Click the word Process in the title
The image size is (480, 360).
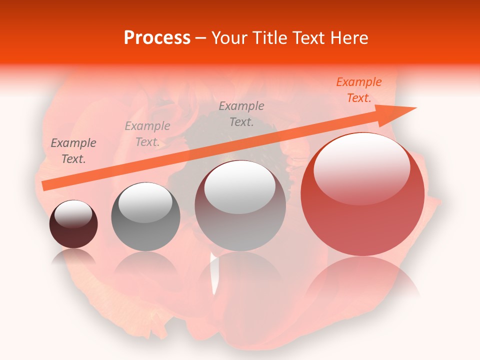tap(157, 38)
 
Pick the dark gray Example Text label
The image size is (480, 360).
tap(73, 151)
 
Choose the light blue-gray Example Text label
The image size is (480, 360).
tap(147, 134)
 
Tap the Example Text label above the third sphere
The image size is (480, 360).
tap(241, 114)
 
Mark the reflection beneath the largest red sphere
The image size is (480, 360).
tap(362, 280)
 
